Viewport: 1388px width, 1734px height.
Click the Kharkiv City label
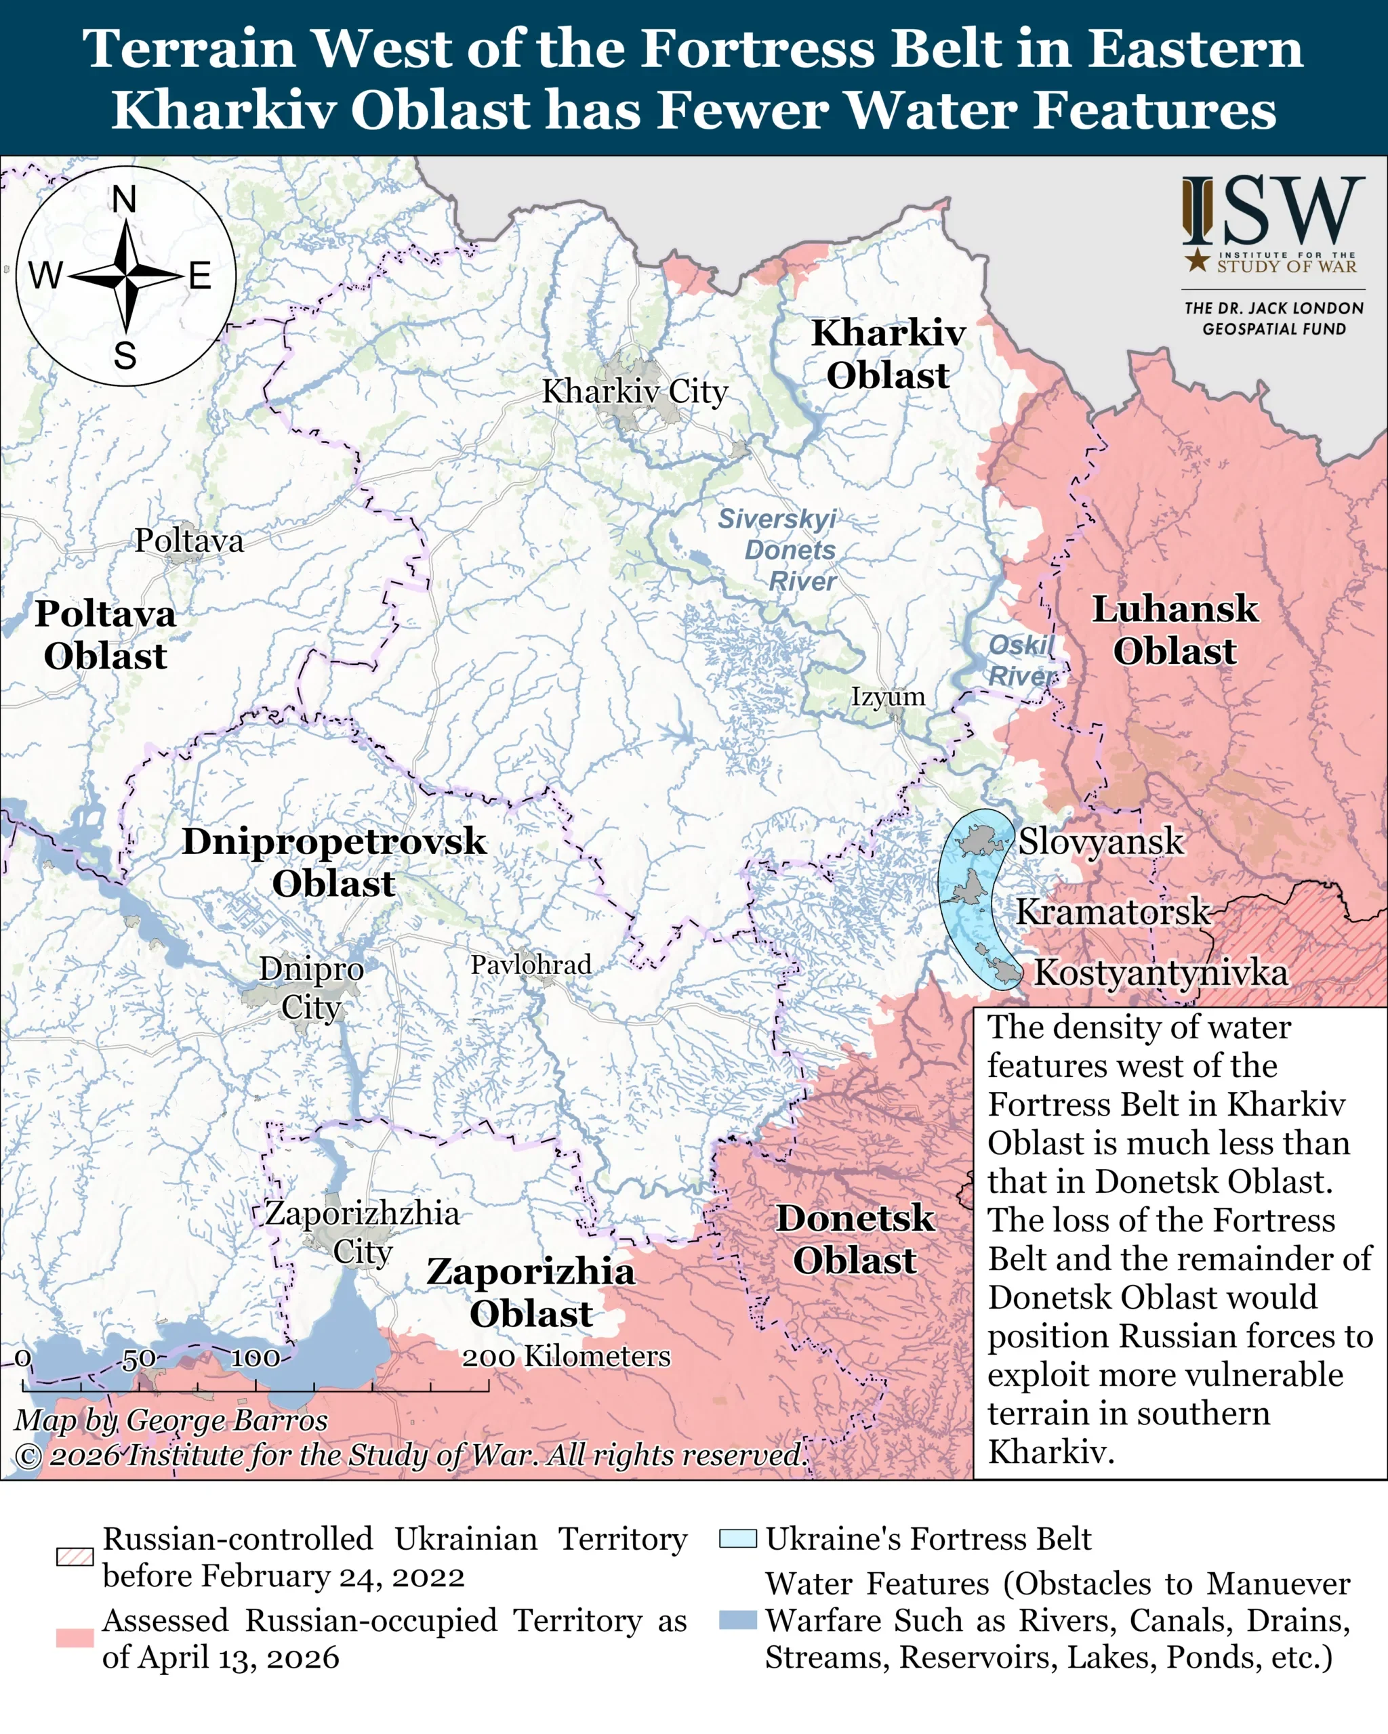634,392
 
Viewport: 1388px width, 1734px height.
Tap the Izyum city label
888,696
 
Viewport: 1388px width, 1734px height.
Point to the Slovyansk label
1100,842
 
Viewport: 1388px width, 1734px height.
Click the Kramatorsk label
1112,912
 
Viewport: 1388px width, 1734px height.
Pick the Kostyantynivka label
1160,973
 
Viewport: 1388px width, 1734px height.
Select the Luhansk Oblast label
1174,630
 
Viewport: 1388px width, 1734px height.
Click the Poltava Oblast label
106,635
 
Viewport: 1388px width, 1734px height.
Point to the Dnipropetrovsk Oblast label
334,862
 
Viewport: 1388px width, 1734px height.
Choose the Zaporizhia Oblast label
531,1292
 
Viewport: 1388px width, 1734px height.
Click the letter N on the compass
124,199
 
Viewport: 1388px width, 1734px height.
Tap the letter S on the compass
125,356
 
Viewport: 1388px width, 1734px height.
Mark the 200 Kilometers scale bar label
566,1357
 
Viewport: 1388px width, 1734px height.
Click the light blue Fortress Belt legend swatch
737,1538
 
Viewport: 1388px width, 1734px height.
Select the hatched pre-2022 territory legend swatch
75,1557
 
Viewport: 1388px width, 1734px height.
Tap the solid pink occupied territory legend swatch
75,1638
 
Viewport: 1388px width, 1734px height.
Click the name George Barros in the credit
227,1420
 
